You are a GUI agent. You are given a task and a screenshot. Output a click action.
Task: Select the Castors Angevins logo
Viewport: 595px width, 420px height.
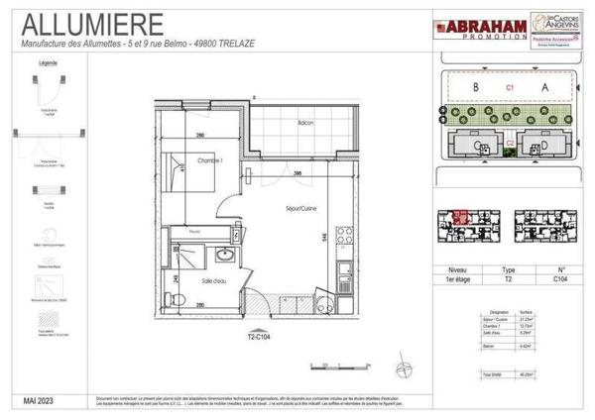click(546, 29)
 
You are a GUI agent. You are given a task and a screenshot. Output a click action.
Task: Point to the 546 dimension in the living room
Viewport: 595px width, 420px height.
click(326, 236)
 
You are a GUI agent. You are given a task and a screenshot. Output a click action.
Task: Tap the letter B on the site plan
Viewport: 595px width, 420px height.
click(477, 87)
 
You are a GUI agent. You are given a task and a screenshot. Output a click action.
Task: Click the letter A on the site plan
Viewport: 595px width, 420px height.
click(543, 87)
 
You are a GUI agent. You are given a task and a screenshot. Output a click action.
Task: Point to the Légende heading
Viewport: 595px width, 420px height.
click(47, 62)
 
